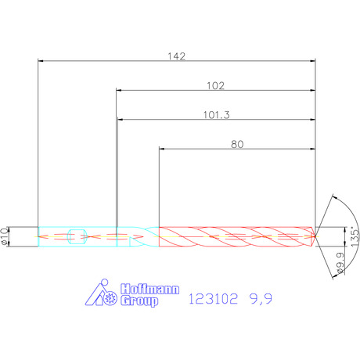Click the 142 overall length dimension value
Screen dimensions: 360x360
coord(177,56)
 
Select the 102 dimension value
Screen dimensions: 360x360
coord(215,85)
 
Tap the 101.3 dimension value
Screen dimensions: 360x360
coord(217,115)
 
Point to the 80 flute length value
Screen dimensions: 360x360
coord(237,144)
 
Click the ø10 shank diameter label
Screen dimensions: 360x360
coord(5,236)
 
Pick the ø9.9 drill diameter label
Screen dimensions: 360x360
coord(340,263)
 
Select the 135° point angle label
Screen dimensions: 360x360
coord(355,237)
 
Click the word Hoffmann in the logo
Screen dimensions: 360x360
coord(150,289)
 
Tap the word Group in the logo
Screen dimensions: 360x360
coord(139,301)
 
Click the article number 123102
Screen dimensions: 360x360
coord(213,299)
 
